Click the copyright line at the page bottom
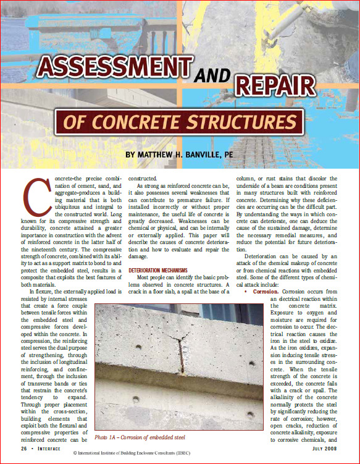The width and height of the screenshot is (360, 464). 180,456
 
